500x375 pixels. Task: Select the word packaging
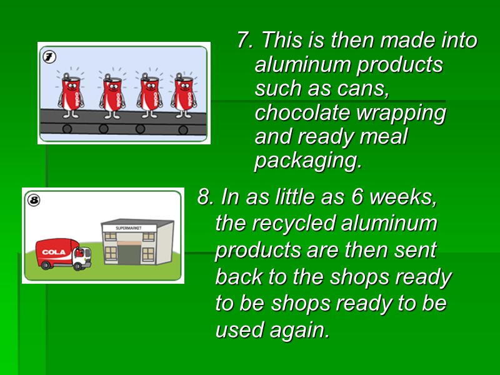[x=307, y=161]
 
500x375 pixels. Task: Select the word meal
[x=383, y=137]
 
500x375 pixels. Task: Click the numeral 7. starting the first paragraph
[x=245, y=41]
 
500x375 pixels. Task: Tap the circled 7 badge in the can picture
[x=49, y=57]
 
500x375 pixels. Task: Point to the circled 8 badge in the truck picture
[x=34, y=201]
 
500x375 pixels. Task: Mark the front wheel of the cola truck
[x=79, y=265]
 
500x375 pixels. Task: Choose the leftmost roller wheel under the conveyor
[x=67, y=129]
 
